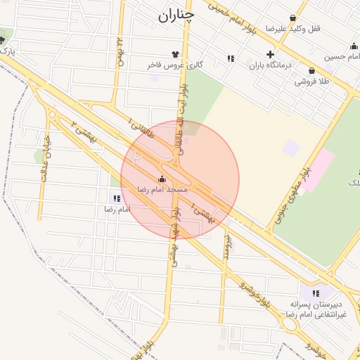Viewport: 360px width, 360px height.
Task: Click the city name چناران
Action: coord(174,16)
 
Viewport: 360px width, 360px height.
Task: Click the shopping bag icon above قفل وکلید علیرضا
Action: coord(292,18)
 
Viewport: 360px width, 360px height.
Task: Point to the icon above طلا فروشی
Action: coord(311,70)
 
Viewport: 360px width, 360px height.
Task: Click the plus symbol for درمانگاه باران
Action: coord(270,54)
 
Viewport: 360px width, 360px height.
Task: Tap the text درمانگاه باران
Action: coord(270,65)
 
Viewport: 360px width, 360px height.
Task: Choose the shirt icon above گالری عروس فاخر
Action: coord(175,54)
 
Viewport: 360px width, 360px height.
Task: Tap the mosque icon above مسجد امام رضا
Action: coord(162,179)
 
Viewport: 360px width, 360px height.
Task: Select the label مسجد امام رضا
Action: coord(162,190)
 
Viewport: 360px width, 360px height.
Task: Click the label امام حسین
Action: coord(343,56)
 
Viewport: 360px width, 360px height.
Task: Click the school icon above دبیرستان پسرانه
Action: coord(316,292)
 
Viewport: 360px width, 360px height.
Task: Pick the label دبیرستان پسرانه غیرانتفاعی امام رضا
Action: coord(316,309)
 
